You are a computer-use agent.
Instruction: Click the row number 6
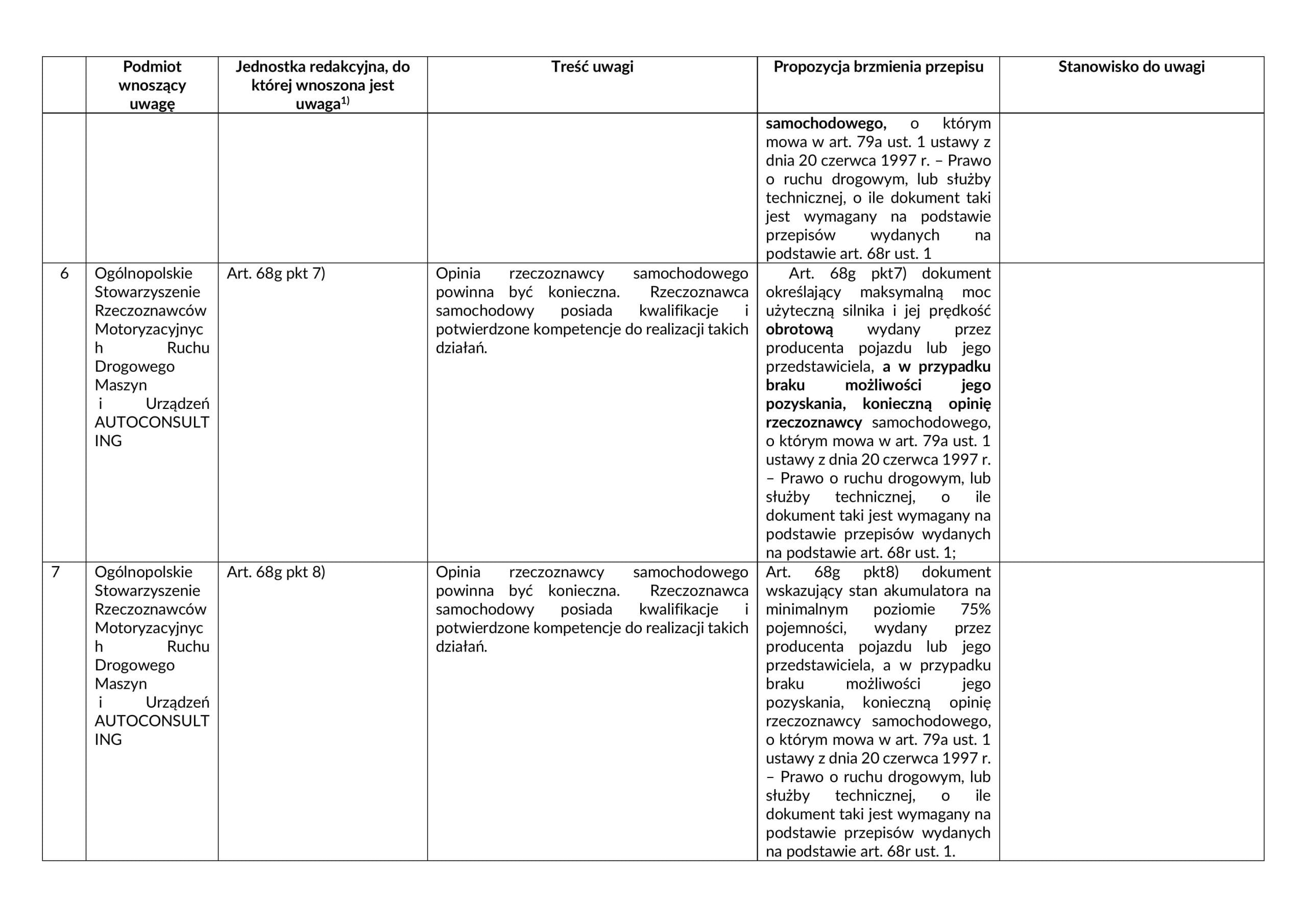[x=64, y=274]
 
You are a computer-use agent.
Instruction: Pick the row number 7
[x=55, y=572]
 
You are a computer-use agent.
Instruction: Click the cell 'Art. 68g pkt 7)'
[x=276, y=274]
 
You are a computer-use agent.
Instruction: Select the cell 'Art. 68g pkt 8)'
[x=276, y=572]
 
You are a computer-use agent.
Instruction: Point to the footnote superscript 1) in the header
[x=345, y=101]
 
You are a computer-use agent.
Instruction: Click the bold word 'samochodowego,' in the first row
[x=826, y=124]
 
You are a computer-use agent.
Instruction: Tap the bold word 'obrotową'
[x=798, y=330]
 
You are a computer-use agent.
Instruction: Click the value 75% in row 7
[x=975, y=610]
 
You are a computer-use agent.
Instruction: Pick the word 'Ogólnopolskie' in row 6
[x=143, y=274]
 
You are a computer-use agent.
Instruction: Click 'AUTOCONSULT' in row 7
[x=152, y=721]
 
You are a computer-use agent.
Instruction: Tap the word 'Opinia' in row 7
[x=457, y=572]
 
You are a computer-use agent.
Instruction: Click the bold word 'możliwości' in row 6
[x=883, y=385]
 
